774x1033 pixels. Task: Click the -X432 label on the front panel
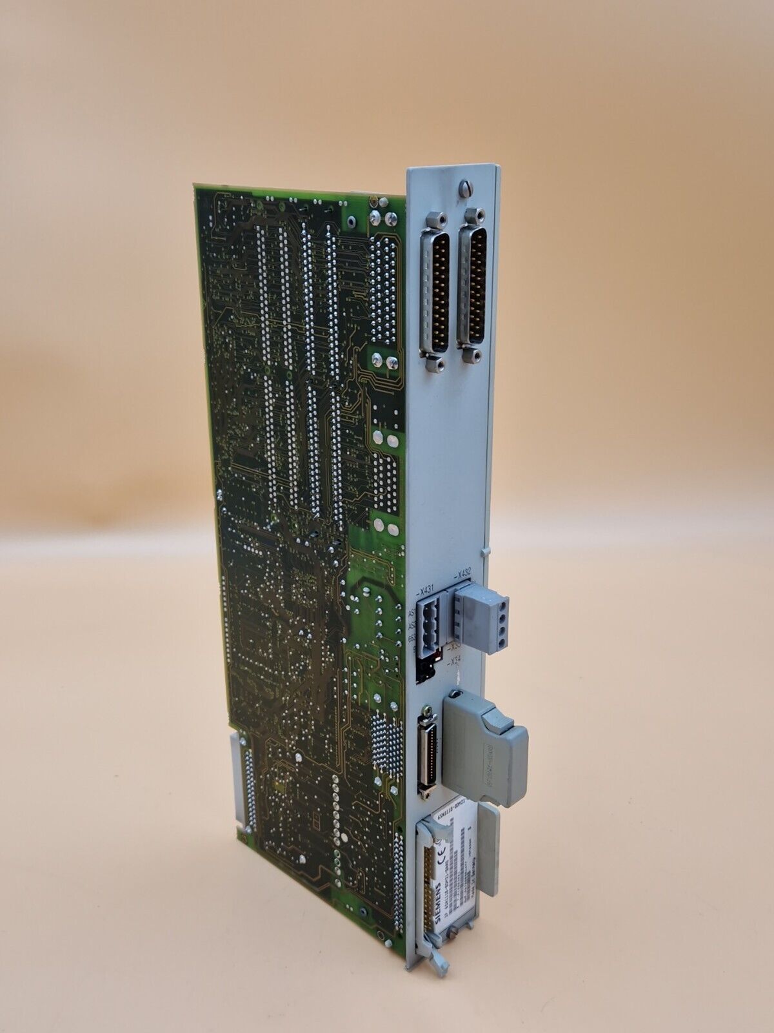coord(462,572)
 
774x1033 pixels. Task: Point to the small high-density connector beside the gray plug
coord(426,756)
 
